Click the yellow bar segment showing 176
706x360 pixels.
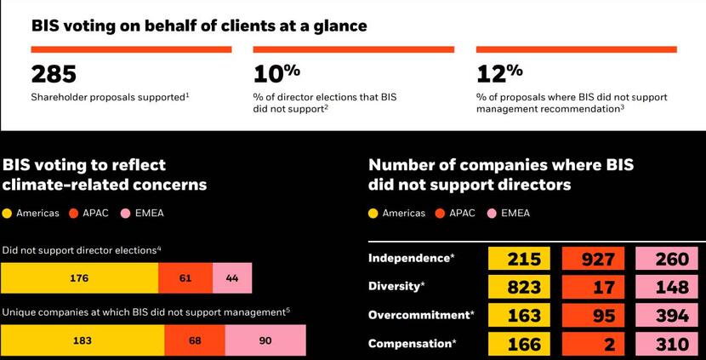pyautogui.click(x=79, y=278)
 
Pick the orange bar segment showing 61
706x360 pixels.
pyautogui.click(x=185, y=278)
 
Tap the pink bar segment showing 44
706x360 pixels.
pyautogui.click(x=231, y=278)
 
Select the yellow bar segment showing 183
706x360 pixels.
pyautogui.click(x=82, y=341)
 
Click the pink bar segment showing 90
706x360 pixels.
pyautogui.click(x=265, y=341)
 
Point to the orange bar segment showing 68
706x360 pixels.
pyautogui.click(x=194, y=341)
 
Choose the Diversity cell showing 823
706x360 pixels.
pyautogui.click(x=523, y=288)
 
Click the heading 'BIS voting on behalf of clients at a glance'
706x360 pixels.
pyautogui.click(x=199, y=26)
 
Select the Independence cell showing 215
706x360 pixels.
pyautogui.click(x=523, y=260)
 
